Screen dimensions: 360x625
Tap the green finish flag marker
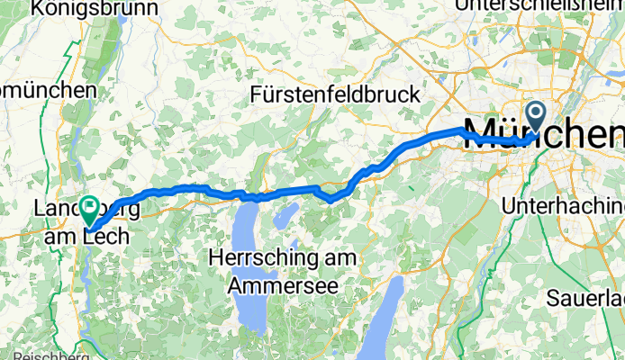click(90, 209)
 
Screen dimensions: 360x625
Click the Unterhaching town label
click(561, 205)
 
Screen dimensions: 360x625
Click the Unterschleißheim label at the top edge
click(540, 5)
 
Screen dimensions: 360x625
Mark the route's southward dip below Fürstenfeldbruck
click(331, 198)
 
